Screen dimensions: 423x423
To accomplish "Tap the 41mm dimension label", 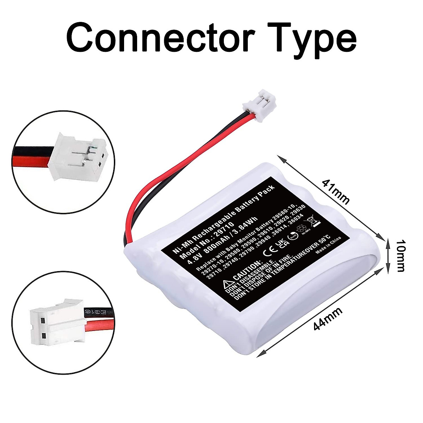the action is click(336, 192).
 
